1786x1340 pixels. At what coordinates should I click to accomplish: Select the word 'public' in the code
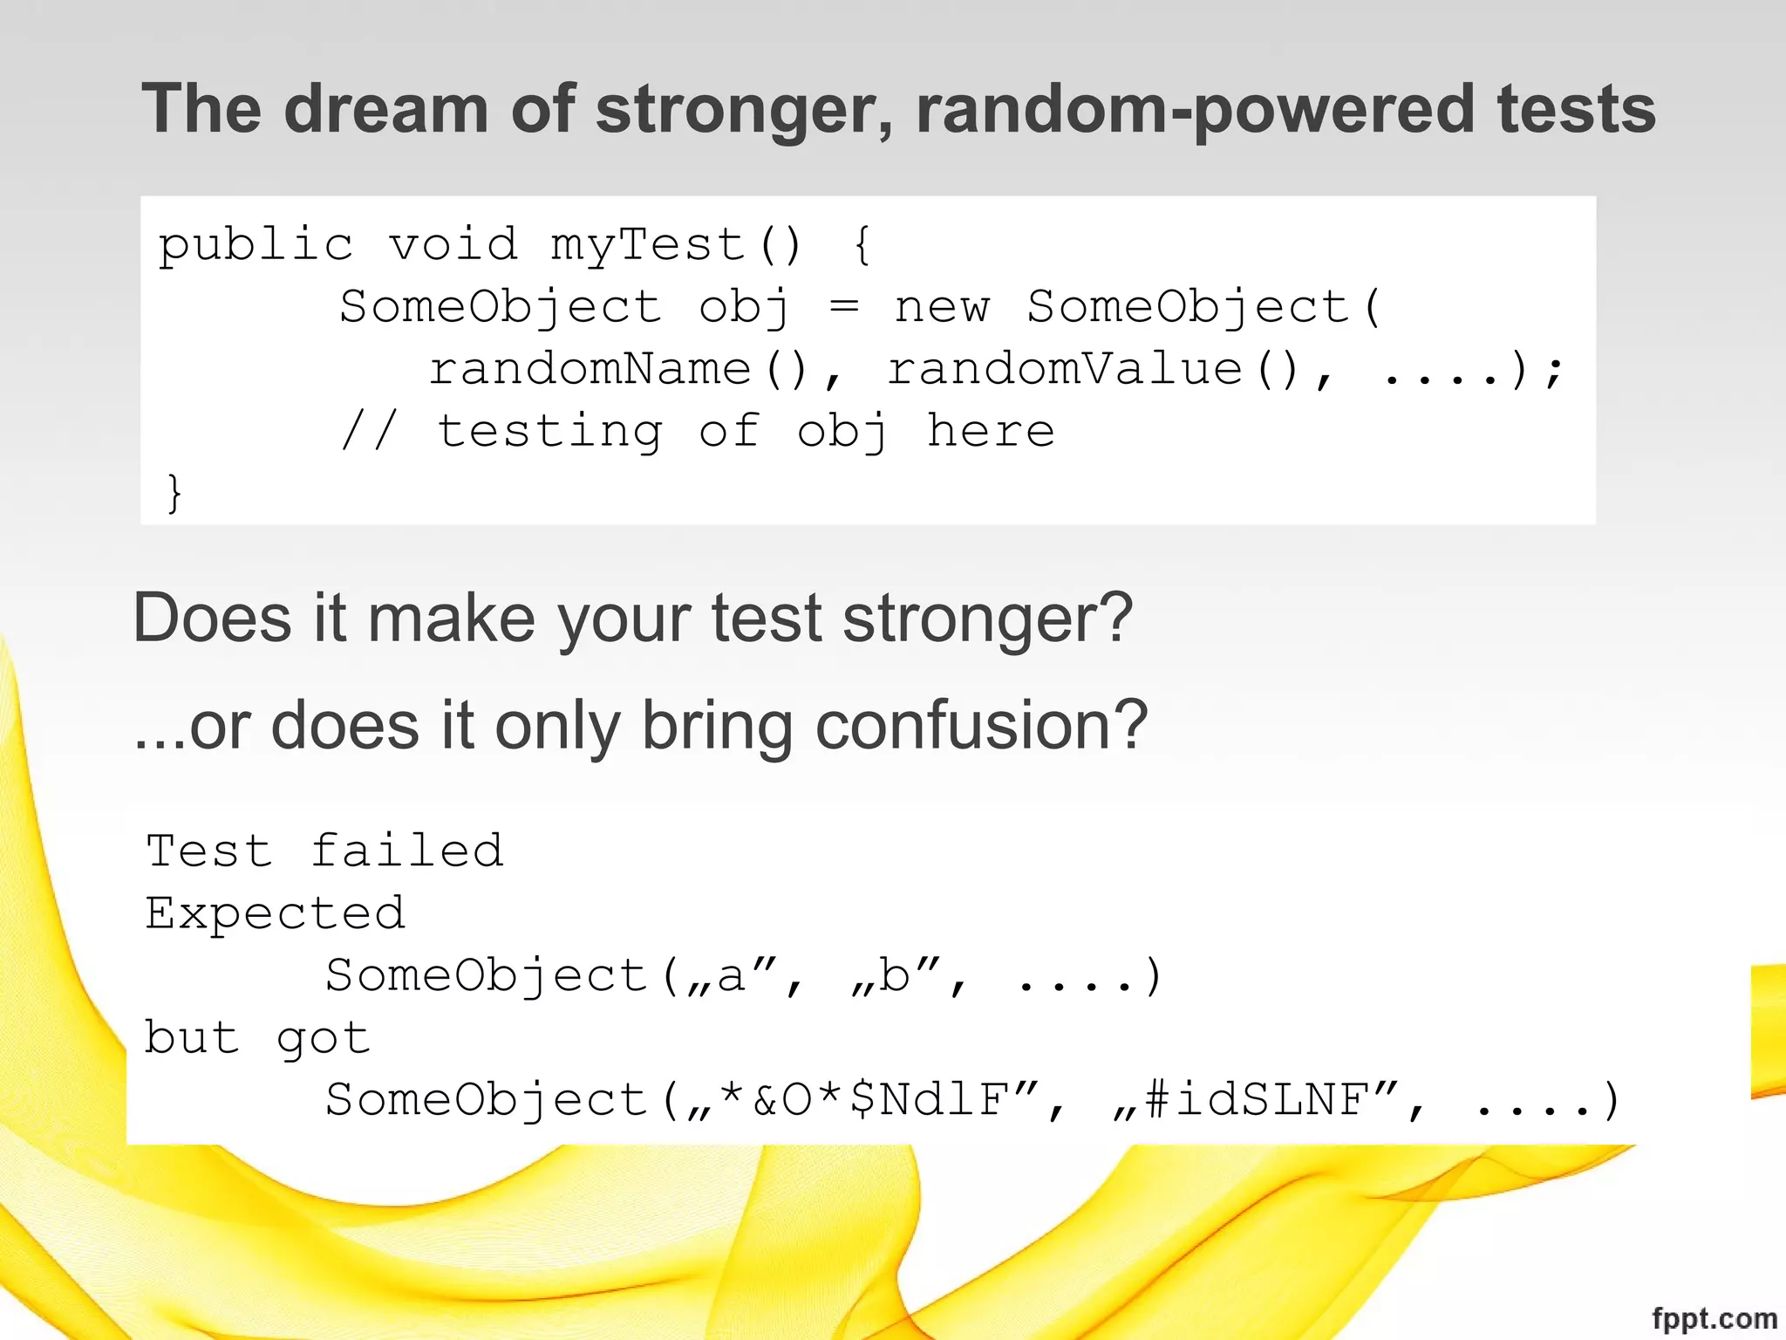[x=256, y=243]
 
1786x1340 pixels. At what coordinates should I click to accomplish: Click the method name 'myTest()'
[x=676, y=243]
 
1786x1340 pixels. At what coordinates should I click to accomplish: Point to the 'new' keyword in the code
[x=942, y=306]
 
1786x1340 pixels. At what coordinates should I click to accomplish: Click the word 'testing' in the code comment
[x=549, y=432]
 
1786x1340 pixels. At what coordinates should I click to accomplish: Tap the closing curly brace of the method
[x=174, y=494]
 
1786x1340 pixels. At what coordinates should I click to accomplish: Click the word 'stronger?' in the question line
[x=987, y=619]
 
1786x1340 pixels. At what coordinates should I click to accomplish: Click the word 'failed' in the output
[x=407, y=851]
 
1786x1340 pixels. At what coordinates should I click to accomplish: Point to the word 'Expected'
[x=276, y=913]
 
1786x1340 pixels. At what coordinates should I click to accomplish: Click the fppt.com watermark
[x=1714, y=1318]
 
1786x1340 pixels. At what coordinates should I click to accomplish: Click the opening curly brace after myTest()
[x=862, y=243]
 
